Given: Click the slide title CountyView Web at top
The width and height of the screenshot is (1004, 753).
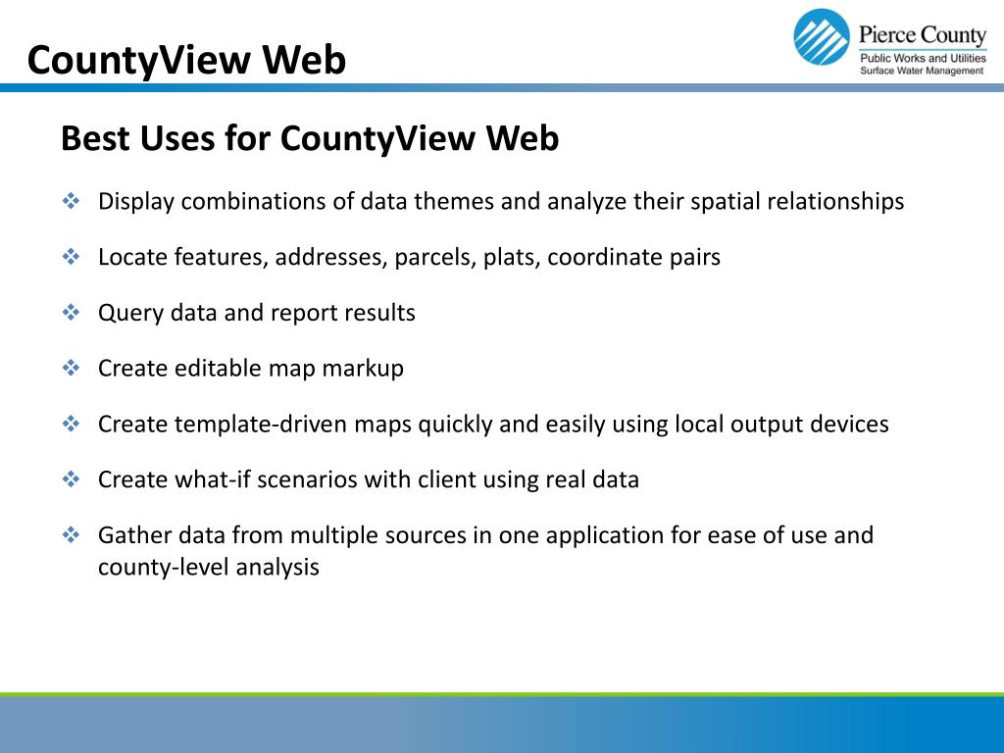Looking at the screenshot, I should coord(186,61).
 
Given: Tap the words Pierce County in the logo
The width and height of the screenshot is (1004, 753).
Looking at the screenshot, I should coord(922,36).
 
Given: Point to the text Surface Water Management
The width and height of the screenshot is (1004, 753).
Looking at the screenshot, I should coord(922,72).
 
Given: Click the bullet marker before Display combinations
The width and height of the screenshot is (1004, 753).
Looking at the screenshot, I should coord(71,201).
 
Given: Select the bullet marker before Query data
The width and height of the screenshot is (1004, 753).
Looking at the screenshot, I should coord(71,313).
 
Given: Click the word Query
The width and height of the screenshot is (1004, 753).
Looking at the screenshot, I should coord(130,314).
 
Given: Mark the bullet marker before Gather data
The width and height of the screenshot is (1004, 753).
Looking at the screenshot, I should coord(71,535).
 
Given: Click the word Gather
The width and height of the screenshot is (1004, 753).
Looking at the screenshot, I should coord(132,535).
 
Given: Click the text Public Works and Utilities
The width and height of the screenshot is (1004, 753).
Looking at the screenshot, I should coord(922,59).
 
